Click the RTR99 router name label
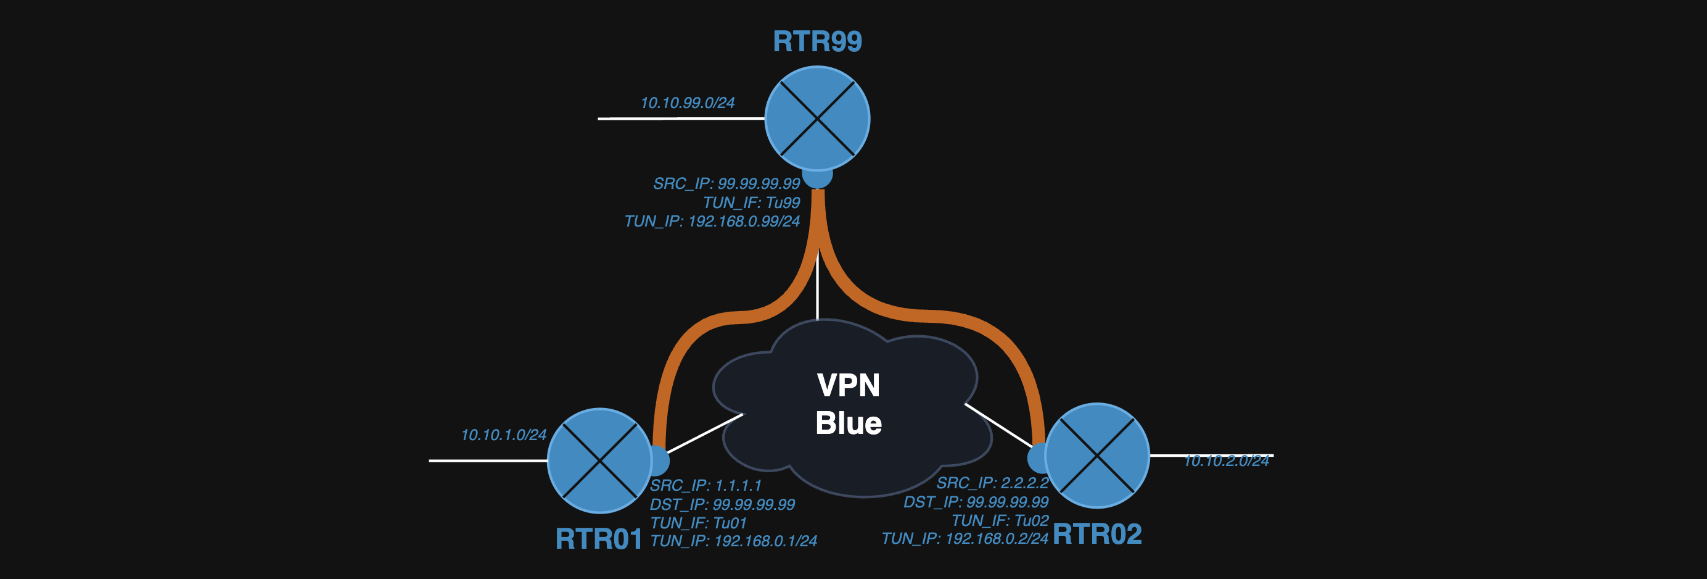[817, 41]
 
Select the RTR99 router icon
[817, 119]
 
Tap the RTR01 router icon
[599, 460]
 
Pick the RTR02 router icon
[1096, 456]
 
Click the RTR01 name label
[598, 538]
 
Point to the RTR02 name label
[1096, 534]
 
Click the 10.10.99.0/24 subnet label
[687, 103]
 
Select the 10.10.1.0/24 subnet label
[504, 435]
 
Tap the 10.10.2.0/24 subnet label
[1226, 461]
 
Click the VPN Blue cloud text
[848, 404]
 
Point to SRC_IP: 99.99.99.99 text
[726, 184]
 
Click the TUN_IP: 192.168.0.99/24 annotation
[712, 221]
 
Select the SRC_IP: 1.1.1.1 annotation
[705, 486]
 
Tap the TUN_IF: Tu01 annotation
[699, 523]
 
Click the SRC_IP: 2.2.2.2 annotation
[992, 483]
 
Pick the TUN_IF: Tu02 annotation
[1000, 520]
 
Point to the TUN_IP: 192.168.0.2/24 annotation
[965, 538]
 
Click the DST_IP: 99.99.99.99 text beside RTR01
[722, 504]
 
